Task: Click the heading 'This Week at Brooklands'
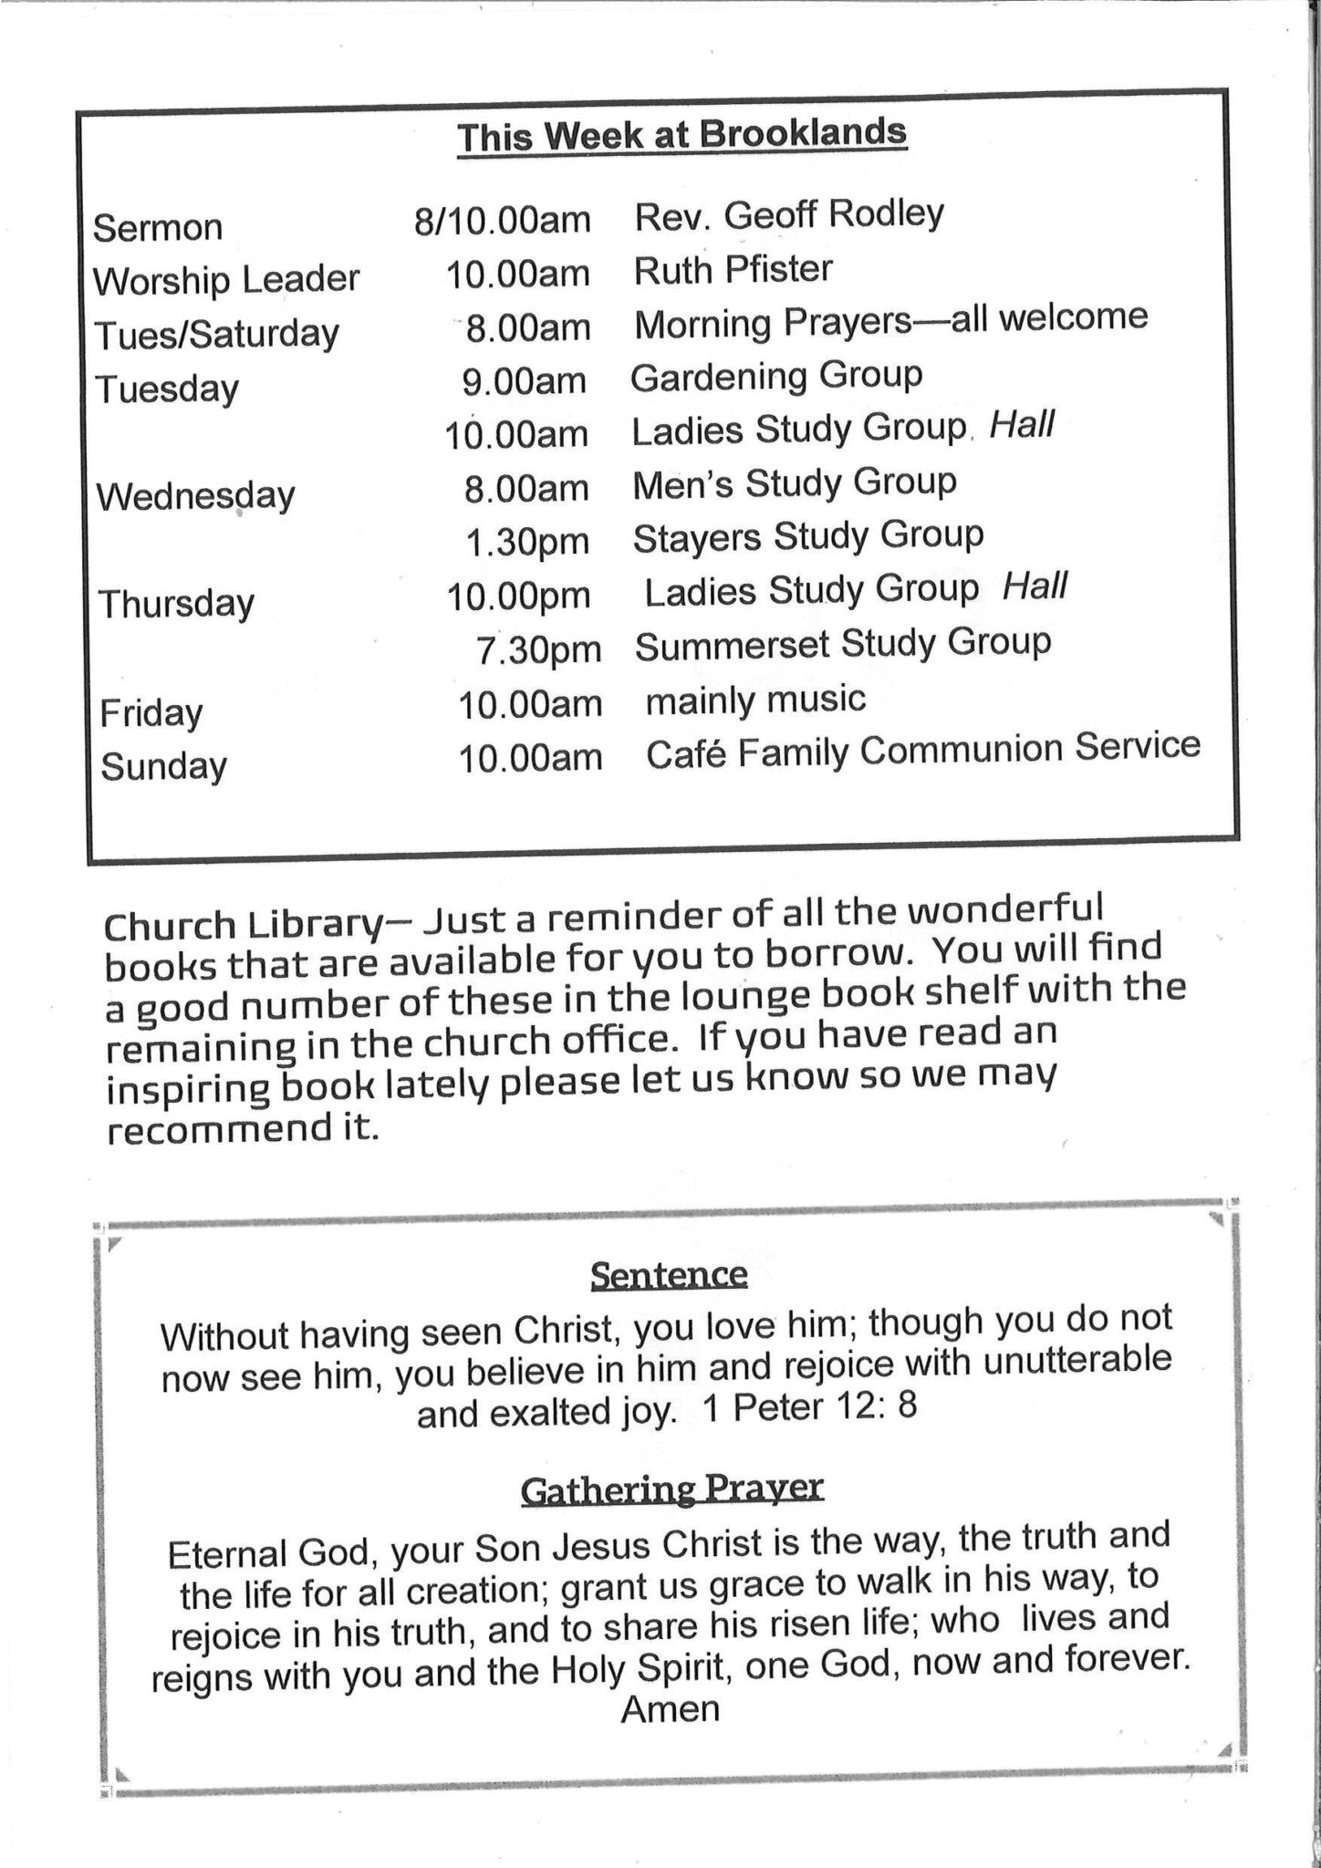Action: pyautogui.click(x=681, y=137)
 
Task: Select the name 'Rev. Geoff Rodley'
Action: pyautogui.click(x=789, y=215)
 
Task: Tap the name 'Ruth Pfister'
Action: pyautogui.click(x=733, y=269)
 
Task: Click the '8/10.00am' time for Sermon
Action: pyautogui.click(x=502, y=221)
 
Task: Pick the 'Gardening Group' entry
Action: pyautogui.click(x=776, y=376)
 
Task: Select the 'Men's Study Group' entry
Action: pyautogui.click(x=795, y=483)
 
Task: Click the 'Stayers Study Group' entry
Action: pyautogui.click(x=808, y=536)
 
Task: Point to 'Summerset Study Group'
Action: pyautogui.click(x=843, y=644)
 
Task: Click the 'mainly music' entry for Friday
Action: pyautogui.click(x=755, y=700)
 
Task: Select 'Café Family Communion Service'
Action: pyautogui.click(x=923, y=751)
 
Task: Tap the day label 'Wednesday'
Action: pyautogui.click(x=196, y=496)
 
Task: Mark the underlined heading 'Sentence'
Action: pyautogui.click(x=669, y=1274)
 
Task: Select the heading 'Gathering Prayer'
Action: pyautogui.click(x=672, y=1489)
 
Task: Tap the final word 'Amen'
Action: pyautogui.click(x=671, y=1708)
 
